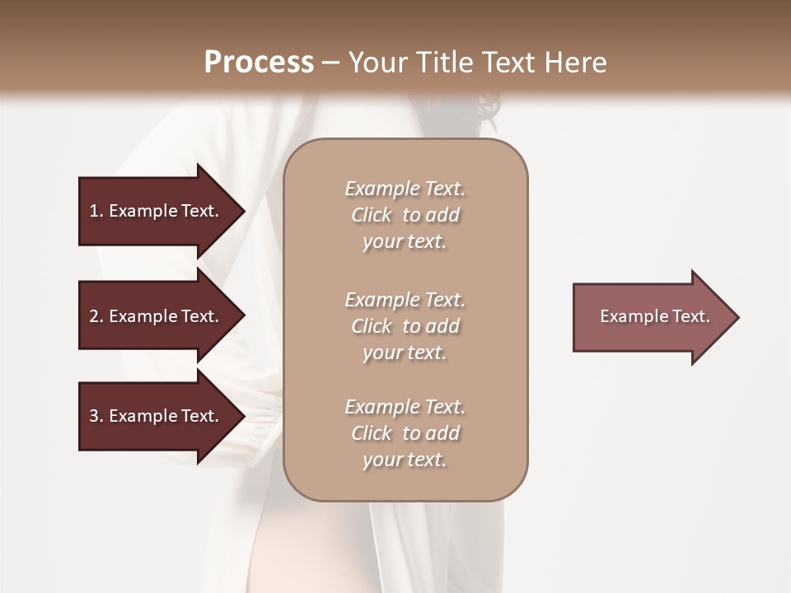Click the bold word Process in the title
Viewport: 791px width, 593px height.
(259, 63)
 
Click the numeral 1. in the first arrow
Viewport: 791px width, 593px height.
(96, 211)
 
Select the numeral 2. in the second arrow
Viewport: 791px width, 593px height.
(96, 316)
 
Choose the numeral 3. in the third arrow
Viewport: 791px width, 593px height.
(96, 416)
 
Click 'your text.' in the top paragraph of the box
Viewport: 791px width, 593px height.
(405, 242)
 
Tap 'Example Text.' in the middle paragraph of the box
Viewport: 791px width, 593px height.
(405, 300)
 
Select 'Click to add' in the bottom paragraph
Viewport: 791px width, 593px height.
(405, 433)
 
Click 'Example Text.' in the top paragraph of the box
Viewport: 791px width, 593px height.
(405, 189)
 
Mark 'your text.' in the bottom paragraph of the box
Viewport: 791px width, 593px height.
(405, 460)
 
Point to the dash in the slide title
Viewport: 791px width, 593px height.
(331, 63)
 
